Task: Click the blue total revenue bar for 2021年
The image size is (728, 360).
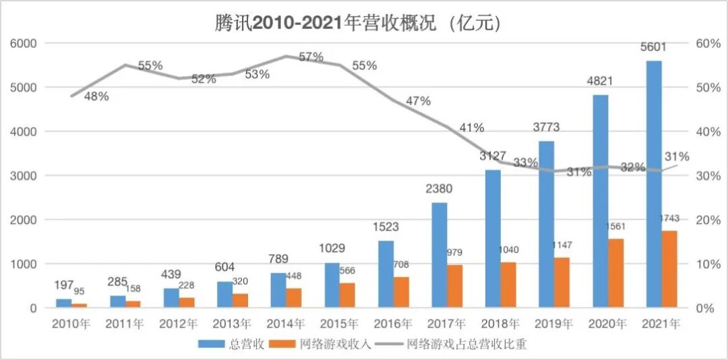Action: pyautogui.click(x=654, y=184)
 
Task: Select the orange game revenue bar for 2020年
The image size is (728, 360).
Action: pyautogui.click(x=616, y=273)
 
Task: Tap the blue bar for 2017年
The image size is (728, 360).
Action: pyautogui.click(x=439, y=255)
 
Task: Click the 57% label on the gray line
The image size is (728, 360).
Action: pyautogui.click(x=311, y=57)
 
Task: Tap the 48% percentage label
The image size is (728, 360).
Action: pyautogui.click(x=96, y=96)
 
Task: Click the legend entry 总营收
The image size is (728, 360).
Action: pyautogui.click(x=229, y=344)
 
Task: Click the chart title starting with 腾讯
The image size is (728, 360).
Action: pyautogui.click(x=357, y=23)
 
